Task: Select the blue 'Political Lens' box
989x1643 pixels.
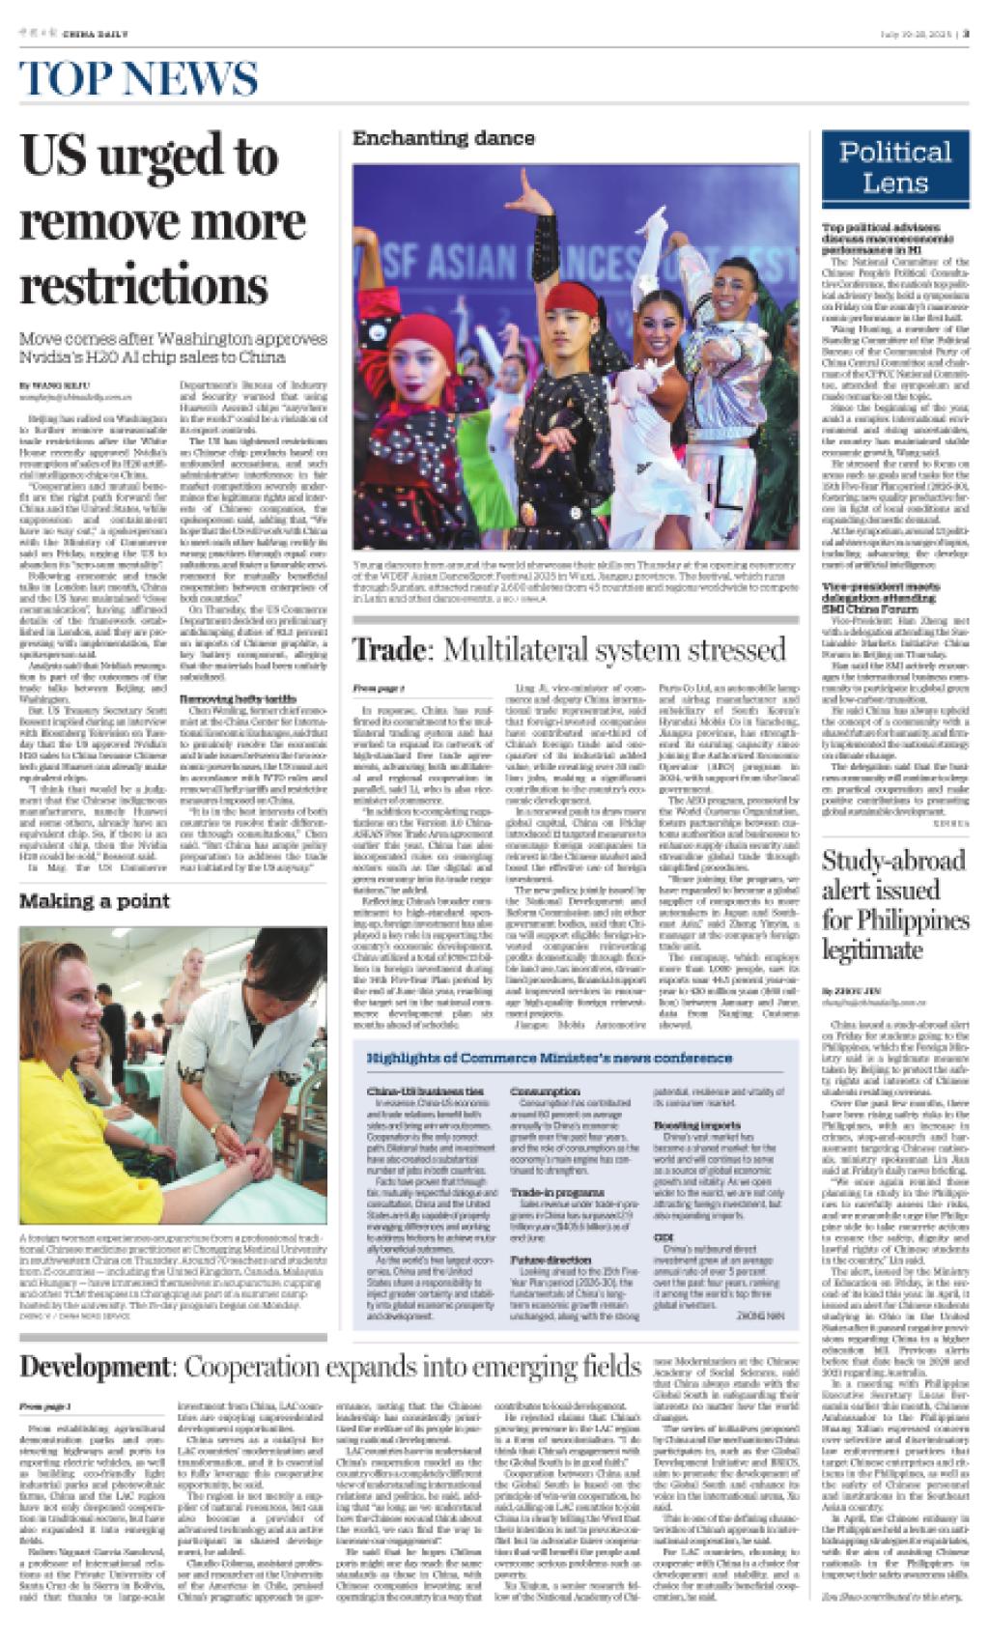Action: pos(894,166)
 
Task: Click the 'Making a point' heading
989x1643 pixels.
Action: pos(95,900)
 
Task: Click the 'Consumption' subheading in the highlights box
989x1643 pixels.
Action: pos(547,1091)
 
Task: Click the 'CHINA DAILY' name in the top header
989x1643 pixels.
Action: pos(95,33)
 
